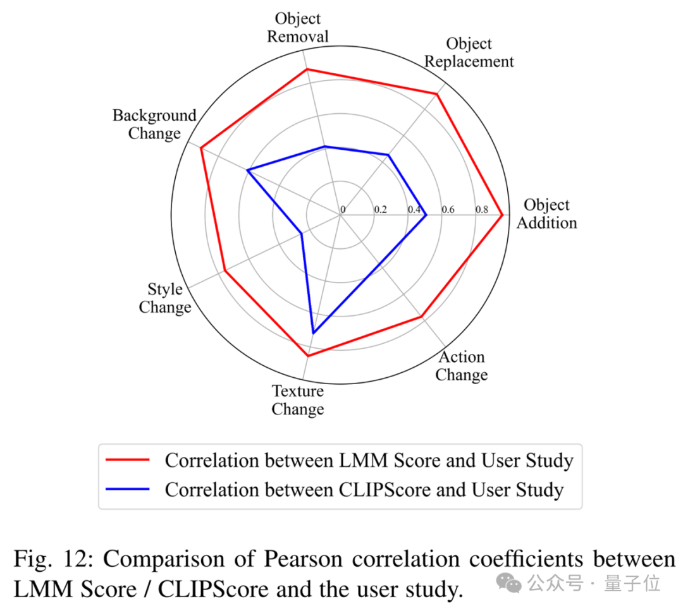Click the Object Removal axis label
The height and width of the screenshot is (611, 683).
(x=297, y=28)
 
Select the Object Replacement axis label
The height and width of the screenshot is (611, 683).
(x=469, y=53)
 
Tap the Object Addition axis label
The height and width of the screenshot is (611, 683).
(x=546, y=214)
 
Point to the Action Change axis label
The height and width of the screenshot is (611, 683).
(x=462, y=366)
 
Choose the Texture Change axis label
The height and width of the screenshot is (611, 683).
(x=298, y=400)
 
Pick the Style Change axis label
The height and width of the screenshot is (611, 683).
(x=165, y=298)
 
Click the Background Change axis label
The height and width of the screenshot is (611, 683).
(x=155, y=124)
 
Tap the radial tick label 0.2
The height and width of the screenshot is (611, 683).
(x=380, y=209)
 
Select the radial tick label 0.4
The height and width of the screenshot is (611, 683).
(x=414, y=209)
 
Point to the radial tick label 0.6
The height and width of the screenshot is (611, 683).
(x=448, y=209)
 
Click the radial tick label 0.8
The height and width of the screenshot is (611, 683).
(x=482, y=209)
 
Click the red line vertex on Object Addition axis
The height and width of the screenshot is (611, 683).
(x=502, y=215)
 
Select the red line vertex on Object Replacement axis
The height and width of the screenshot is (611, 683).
(x=436, y=94)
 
